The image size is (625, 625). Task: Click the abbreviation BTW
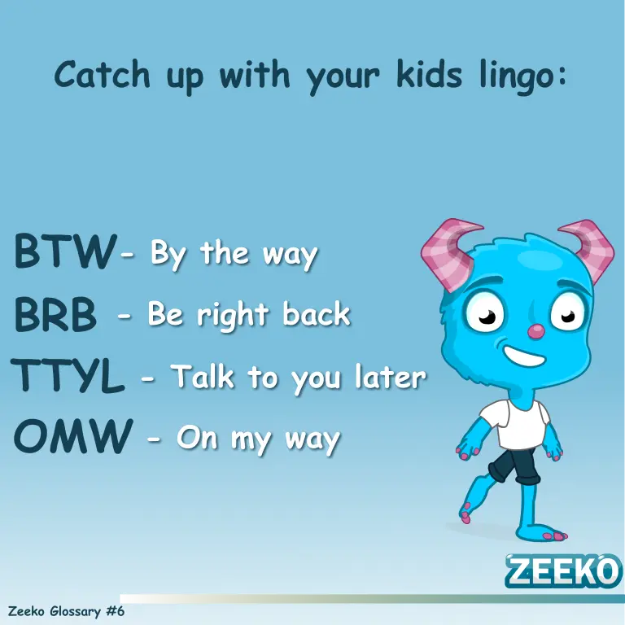(x=66, y=252)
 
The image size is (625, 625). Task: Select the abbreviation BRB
(x=55, y=314)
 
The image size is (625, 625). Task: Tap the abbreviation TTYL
(x=68, y=375)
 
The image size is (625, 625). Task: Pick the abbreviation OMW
(x=73, y=436)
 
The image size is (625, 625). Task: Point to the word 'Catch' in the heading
(x=102, y=74)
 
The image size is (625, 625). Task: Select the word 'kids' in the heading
(x=430, y=74)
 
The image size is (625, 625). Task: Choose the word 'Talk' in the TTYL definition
(x=203, y=376)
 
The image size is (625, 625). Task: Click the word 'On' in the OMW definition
(x=197, y=438)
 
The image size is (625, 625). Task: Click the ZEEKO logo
(x=563, y=570)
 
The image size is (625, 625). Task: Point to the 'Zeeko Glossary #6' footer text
(x=66, y=611)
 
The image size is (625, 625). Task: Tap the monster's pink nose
(x=535, y=331)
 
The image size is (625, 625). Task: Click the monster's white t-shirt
(x=515, y=424)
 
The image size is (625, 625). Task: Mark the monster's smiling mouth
(x=524, y=356)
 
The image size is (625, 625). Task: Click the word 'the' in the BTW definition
(x=225, y=253)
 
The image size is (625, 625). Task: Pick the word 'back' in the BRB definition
(x=317, y=313)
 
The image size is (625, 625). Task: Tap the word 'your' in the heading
(x=342, y=78)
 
